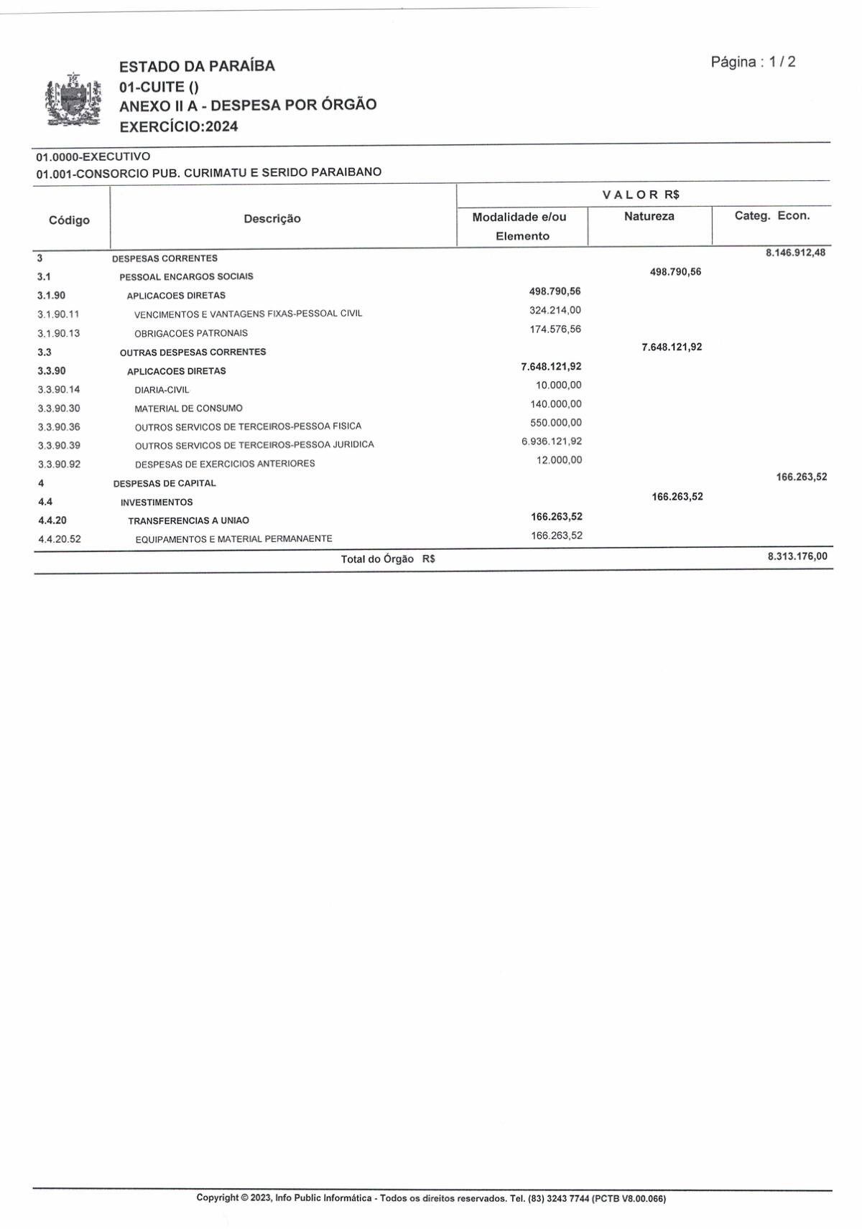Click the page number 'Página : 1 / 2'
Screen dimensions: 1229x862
[753, 62]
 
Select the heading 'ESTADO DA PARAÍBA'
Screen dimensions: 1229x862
[197, 66]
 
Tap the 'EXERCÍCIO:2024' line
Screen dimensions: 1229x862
[178, 126]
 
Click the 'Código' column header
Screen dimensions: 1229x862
[69, 220]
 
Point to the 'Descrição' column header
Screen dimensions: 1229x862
[272, 218]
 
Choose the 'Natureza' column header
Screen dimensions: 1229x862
[649, 216]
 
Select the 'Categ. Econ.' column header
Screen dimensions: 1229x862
[771, 215]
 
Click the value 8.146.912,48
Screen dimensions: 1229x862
[795, 253]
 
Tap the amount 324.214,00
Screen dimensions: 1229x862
[555, 310]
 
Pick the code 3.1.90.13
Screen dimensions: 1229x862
[59, 333]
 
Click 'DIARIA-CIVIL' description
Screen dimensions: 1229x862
[162, 390]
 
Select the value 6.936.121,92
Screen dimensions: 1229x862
[551, 441]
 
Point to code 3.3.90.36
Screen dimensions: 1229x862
[59, 427]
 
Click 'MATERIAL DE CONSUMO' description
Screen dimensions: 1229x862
[188, 408]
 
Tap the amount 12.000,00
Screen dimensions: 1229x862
[559, 459]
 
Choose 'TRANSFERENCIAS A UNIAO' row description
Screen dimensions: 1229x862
[188, 520]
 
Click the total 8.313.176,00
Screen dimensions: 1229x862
[797, 556]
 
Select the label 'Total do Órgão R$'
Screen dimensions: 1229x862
[388, 559]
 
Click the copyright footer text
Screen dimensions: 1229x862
[431, 1198]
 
